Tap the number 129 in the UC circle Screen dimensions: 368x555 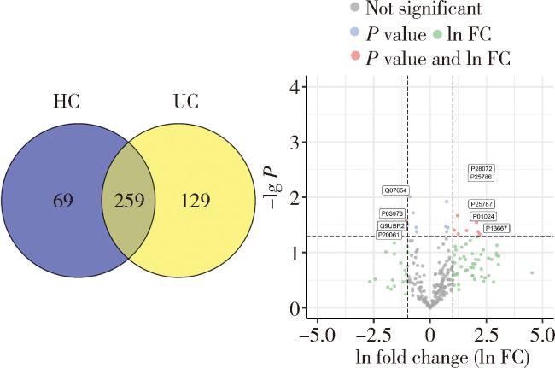(x=196, y=202)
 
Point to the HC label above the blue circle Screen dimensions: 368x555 (x=66, y=101)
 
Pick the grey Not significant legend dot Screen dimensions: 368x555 (x=353, y=9)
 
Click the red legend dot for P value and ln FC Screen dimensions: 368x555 (x=353, y=57)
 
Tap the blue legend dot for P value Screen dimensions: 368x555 (x=353, y=34)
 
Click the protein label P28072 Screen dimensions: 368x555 (x=482, y=169)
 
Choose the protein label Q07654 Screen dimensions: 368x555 (x=395, y=190)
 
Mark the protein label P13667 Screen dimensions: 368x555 (x=496, y=228)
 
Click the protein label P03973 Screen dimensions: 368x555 (x=392, y=213)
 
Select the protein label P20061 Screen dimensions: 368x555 (x=389, y=235)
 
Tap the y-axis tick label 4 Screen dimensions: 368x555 (x=293, y=87)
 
